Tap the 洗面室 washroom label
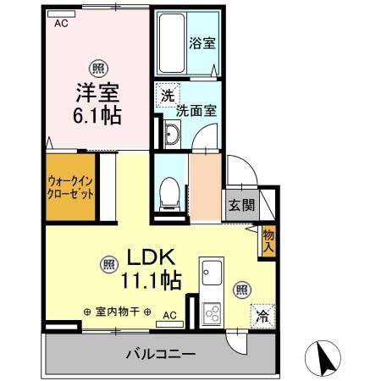(196, 109)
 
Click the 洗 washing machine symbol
(167, 96)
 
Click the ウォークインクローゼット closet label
(70, 185)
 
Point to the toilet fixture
(167, 193)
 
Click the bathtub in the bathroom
(174, 41)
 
